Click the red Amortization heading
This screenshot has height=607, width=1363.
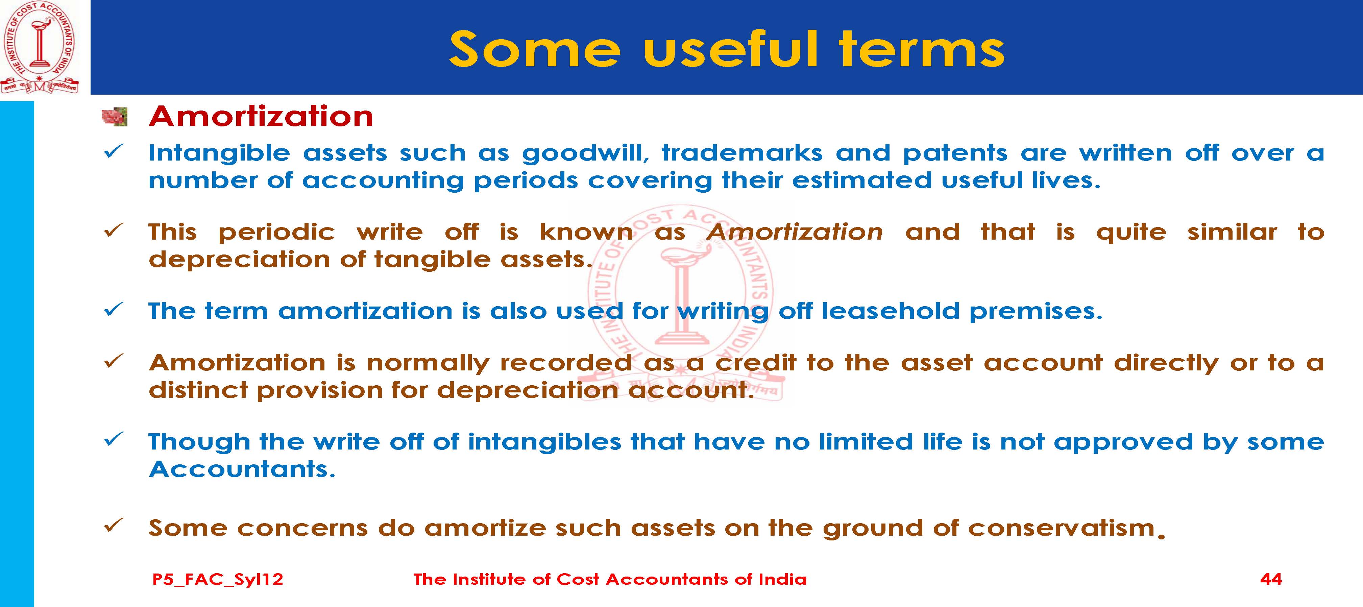[x=261, y=116]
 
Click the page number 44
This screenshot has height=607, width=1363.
[x=1271, y=579]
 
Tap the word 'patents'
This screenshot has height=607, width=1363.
[x=955, y=153]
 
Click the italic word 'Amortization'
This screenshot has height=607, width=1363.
[x=795, y=232]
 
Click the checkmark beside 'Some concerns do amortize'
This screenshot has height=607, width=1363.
[x=114, y=526]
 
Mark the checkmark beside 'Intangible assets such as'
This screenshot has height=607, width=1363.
[x=114, y=152]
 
